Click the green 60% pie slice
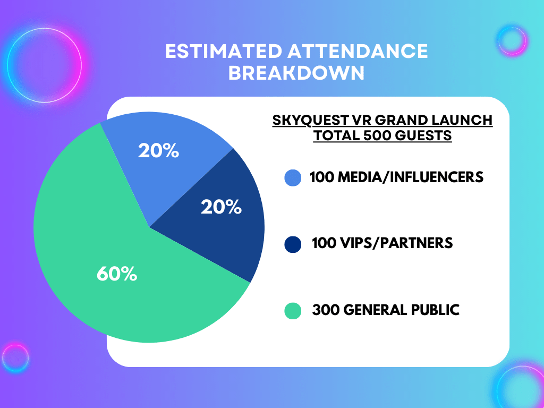point(106,255)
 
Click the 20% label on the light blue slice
point(158,151)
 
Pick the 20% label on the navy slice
point(221,207)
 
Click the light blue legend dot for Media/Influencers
point(293,177)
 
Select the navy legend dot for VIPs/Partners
point(293,244)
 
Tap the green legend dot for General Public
point(293,310)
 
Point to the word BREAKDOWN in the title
point(296,73)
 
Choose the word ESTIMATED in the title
point(223,51)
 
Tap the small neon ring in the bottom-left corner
point(14,358)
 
